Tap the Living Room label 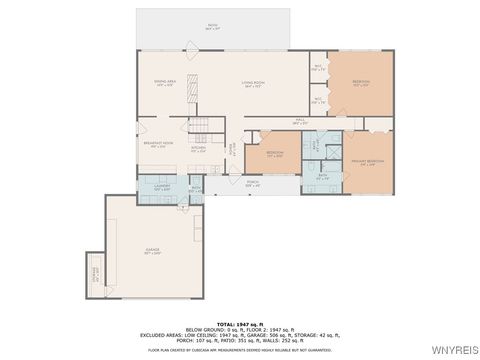[253, 84]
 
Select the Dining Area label [164, 84]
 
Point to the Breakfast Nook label [156, 145]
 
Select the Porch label [253, 185]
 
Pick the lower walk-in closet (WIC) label [317, 100]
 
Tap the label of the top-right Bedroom [361, 84]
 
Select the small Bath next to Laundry [196, 189]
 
